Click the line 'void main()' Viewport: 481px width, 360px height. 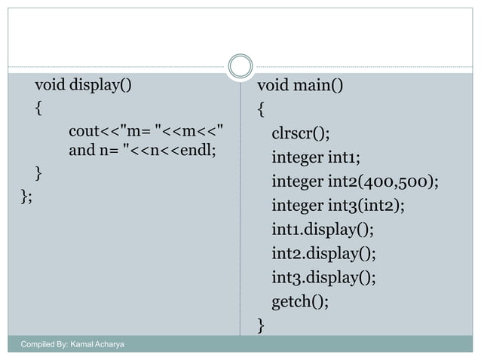(x=299, y=84)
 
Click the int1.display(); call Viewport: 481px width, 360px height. (x=323, y=229)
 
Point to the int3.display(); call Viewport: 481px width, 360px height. (x=323, y=277)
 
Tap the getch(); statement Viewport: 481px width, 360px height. (x=300, y=301)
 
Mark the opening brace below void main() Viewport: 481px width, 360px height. (x=260, y=109)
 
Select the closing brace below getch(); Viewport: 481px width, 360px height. (x=260, y=325)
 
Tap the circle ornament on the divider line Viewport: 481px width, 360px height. (x=240, y=66)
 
